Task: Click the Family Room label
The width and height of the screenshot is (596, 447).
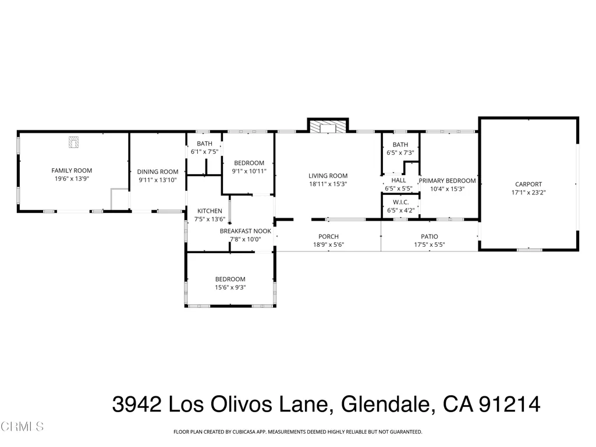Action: pyautogui.click(x=72, y=171)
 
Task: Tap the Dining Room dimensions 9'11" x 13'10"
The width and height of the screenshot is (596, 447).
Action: pyautogui.click(x=157, y=180)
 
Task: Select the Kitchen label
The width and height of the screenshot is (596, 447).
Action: pyautogui.click(x=210, y=211)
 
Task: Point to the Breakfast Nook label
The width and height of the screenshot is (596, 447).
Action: pyautogui.click(x=245, y=231)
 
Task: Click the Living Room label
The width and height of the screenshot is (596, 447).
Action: pyautogui.click(x=328, y=176)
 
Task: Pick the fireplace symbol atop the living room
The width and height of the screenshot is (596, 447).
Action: pyautogui.click(x=328, y=126)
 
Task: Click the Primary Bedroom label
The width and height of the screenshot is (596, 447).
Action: pyautogui.click(x=448, y=180)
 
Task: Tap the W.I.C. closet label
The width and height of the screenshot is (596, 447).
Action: pyautogui.click(x=400, y=202)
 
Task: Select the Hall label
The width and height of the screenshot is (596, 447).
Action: pyautogui.click(x=399, y=180)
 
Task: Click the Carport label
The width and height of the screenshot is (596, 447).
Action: pyautogui.click(x=528, y=184)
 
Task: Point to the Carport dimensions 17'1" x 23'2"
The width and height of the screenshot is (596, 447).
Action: pyautogui.click(x=528, y=192)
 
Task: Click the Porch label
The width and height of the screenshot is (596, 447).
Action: pyautogui.click(x=328, y=236)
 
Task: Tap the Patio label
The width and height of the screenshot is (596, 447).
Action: pyautogui.click(x=430, y=236)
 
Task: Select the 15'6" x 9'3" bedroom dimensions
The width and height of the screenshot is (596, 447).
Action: pyautogui.click(x=230, y=288)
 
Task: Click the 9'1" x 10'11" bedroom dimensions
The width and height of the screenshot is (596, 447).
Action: pyautogui.click(x=249, y=171)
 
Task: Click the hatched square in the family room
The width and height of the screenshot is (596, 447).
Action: pyautogui.click(x=74, y=141)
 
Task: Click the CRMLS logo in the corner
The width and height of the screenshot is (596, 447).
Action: pyautogui.click(x=22, y=427)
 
